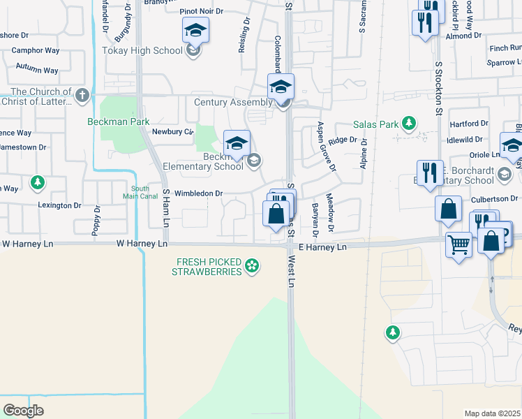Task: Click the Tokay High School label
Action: click(x=142, y=50)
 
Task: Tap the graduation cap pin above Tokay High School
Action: click(x=195, y=31)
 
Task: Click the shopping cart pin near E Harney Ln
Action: click(x=458, y=245)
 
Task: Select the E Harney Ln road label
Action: click(x=322, y=247)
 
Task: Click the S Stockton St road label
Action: click(x=440, y=86)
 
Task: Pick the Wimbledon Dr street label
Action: click(x=199, y=193)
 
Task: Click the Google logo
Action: click(x=24, y=410)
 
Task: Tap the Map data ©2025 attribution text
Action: click(x=493, y=413)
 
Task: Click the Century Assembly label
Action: click(x=232, y=103)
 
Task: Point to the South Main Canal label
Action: click(x=140, y=192)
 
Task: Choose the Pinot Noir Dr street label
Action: click(x=201, y=12)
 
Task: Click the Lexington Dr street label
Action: click(x=59, y=205)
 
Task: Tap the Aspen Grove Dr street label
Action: click(x=327, y=147)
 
